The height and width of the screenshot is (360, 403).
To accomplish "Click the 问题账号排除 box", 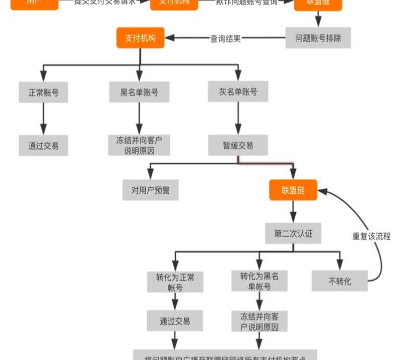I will click(x=318, y=38).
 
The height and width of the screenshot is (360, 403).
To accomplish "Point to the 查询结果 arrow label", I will click(x=225, y=38).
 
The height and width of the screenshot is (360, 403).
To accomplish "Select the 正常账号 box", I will click(x=43, y=93).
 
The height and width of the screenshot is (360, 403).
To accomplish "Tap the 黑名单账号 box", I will click(x=139, y=93).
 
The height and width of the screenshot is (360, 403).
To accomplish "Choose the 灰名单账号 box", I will click(x=238, y=92).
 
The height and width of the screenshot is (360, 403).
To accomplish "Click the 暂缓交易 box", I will click(x=238, y=146).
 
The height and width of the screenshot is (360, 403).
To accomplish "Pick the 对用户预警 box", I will click(x=150, y=190).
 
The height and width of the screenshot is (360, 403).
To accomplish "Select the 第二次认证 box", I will click(x=293, y=234).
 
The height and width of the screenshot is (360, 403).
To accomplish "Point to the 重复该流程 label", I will click(x=371, y=236).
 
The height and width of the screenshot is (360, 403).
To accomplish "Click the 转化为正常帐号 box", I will click(x=175, y=282).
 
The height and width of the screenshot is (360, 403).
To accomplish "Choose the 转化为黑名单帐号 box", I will click(x=259, y=281).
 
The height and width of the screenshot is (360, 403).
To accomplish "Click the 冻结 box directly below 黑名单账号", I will click(x=139, y=145).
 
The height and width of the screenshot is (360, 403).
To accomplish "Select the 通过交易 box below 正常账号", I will click(x=43, y=146).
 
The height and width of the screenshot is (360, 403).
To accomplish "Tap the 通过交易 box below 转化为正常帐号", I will click(x=175, y=321).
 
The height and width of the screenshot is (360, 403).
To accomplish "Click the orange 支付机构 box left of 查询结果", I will click(x=141, y=38).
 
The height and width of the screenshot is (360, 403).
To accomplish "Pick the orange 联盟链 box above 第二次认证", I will click(x=293, y=190).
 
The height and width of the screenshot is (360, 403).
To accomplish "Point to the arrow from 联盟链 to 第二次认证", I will click(x=293, y=212).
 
